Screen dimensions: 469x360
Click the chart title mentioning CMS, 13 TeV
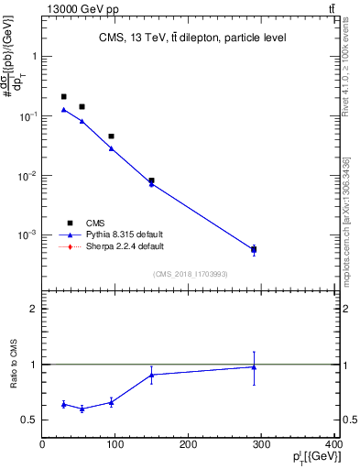pos(191,38)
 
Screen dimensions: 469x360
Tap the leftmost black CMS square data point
pos(64,96)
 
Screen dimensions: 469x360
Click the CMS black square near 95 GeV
pos(112,136)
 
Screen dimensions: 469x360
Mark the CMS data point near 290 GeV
pos(254,249)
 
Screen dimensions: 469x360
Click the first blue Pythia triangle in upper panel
pos(64,110)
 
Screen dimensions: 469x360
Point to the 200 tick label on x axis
pos(189,446)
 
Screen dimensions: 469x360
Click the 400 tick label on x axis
pos(334,446)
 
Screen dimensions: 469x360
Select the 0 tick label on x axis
pos(43,446)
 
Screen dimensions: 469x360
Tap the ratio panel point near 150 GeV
pos(152,374)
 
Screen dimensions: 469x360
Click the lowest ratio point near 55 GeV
pos(82,409)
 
